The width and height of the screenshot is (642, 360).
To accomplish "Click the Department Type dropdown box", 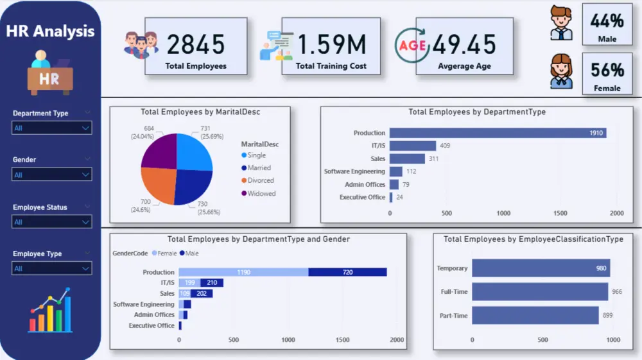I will point(51,128).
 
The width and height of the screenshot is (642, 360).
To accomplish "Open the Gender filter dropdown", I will point(51,175).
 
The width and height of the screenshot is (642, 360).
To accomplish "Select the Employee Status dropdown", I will point(51,222).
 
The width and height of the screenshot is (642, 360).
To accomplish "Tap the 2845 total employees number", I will point(196,44).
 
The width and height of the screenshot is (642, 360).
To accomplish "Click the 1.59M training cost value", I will point(331,44).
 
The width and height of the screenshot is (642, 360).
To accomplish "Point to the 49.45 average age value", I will point(464,44).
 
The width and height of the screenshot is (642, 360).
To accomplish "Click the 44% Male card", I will point(607,24).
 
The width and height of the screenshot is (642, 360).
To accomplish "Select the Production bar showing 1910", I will point(498,133).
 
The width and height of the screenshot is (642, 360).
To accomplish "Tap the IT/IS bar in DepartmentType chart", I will point(413,146).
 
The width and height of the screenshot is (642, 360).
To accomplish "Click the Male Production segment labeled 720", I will point(347,272).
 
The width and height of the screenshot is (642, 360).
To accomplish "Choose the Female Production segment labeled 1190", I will point(243,272).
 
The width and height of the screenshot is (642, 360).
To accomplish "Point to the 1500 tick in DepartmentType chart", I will point(560,213).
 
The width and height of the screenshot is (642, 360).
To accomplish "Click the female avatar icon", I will point(561,71).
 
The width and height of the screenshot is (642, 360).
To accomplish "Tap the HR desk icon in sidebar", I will point(50,73).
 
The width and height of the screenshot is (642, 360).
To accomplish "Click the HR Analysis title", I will point(50,31).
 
